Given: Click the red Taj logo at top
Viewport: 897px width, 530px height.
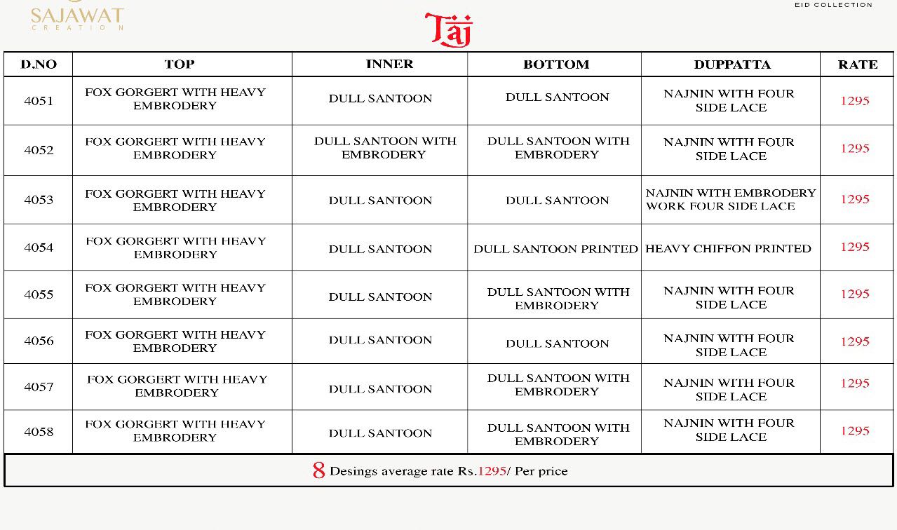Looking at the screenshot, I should pyautogui.click(x=449, y=29).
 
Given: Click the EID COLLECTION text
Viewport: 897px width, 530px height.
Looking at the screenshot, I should pyautogui.click(x=833, y=5).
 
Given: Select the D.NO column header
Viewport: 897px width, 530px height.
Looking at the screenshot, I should pyautogui.click(x=39, y=64).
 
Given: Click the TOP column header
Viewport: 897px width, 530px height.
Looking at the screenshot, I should pyautogui.click(x=180, y=64).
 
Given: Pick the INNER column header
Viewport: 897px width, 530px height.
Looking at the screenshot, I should pyautogui.click(x=389, y=64).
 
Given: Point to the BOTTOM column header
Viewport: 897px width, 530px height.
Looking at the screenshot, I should pyautogui.click(x=556, y=64).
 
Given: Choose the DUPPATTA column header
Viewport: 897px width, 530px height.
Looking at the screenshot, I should pyautogui.click(x=731, y=64).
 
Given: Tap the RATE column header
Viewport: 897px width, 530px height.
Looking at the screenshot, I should pyautogui.click(x=857, y=64).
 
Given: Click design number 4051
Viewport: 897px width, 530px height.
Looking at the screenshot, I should pyautogui.click(x=39, y=101).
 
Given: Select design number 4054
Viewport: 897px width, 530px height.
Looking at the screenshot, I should pyautogui.click(x=39, y=247).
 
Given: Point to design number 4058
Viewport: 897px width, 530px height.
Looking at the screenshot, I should pyautogui.click(x=39, y=432).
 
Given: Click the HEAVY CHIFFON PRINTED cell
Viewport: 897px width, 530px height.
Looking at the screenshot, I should pyautogui.click(x=728, y=249).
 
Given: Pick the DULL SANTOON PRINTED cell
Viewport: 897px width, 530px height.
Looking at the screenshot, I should pyautogui.click(x=555, y=249).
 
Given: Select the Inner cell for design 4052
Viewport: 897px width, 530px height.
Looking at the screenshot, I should pyautogui.click(x=384, y=148).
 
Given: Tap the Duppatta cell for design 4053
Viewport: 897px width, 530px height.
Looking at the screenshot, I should pyautogui.click(x=730, y=200).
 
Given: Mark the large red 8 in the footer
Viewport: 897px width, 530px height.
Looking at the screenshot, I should pyautogui.click(x=319, y=470).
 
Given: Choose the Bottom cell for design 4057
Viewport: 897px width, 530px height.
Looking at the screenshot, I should pyautogui.click(x=558, y=385).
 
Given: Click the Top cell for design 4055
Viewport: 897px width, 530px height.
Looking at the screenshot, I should pyautogui.click(x=175, y=294).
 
